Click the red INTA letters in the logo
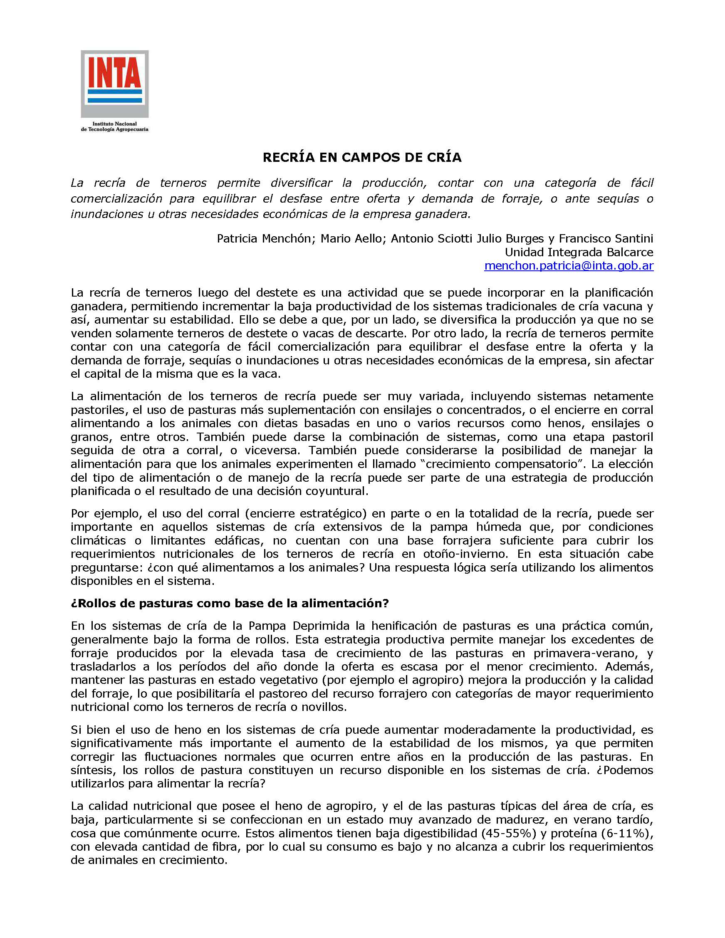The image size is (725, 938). (x=114, y=72)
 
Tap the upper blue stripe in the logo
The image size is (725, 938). (x=114, y=92)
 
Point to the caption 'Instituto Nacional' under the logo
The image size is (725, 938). (x=114, y=124)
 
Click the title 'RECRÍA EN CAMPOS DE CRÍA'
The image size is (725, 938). (x=362, y=158)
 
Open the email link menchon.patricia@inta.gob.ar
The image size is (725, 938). (x=569, y=266)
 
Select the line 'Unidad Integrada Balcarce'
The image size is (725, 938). (x=579, y=252)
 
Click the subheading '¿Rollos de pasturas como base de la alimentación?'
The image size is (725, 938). (x=229, y=604)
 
